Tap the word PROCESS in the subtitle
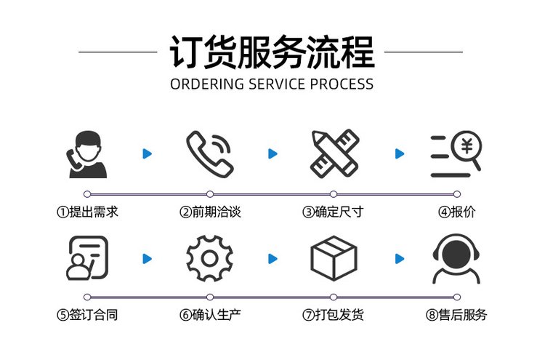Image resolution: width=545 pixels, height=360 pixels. coord(342,84)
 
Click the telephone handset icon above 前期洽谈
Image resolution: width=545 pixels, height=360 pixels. coord(209,153)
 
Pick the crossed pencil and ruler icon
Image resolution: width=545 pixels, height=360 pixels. coord(334,154)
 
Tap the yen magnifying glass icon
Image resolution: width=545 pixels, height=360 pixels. coord(456,155)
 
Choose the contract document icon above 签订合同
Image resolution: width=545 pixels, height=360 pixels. coord(87,258)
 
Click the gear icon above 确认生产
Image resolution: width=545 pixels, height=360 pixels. coord(209,259)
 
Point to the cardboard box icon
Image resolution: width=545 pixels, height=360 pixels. coord(334,258)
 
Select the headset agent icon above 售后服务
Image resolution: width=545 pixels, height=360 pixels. coord(456,259)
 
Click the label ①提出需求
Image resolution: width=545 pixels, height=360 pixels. coord(87,212)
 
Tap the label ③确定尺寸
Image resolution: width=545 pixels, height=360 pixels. coord(333,212)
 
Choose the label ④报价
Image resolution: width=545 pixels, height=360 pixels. coord(456,212)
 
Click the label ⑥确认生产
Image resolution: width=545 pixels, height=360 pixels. coord(210,316)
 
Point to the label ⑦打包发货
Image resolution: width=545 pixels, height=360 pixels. coord(333,316)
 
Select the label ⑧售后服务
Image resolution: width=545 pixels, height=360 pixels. coord(456,316)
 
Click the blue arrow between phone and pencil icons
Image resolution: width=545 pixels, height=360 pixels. coord(272,153)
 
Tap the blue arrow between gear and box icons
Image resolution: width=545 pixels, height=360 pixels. coord(272,258)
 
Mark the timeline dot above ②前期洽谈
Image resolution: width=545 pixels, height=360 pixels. coord(210,194)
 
